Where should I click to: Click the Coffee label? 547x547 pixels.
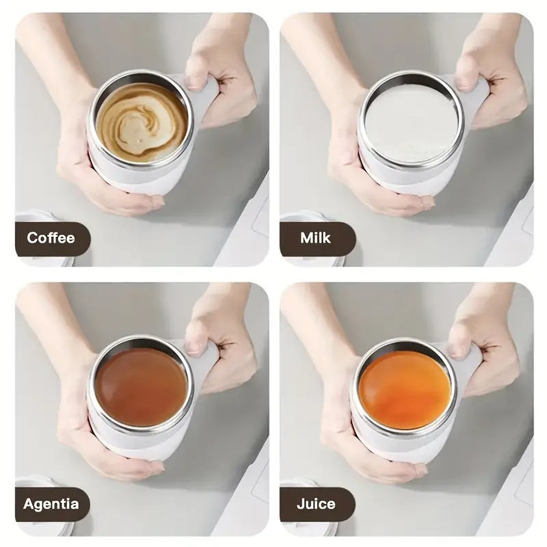51,239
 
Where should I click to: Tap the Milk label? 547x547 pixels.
315,239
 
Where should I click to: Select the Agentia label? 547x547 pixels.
51,505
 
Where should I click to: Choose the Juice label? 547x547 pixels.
316,505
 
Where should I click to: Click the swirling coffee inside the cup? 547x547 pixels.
142,122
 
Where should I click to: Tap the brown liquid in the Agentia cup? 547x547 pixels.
141,387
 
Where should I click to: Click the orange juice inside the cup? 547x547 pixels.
405,390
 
